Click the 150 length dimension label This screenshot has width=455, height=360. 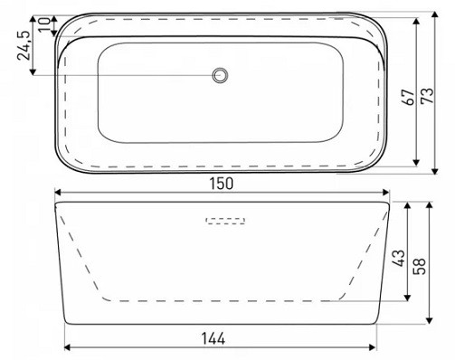pyautogui.click(x=222, y=184)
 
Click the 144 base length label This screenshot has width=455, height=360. pyautogui.click(x=213, y=338)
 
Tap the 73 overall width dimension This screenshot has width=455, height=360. pyautogui.click(x=428, y=96)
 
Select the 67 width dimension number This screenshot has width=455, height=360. pyautogui.click(x=409, y=97)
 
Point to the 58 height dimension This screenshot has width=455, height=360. pyautogui.click(x=420, y=266)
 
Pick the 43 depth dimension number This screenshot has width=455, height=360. pyautogui.click(x=399, y=258)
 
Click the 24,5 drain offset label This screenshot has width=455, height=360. pyautogui.click(x=24, y=45)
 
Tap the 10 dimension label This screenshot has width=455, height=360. pyautogui.click(x=44, y=24)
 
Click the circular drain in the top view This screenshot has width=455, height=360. pyautogui.click(x=220, y=75)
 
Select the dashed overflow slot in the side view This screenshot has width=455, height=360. pyautogui.click(x=225, y=221)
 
